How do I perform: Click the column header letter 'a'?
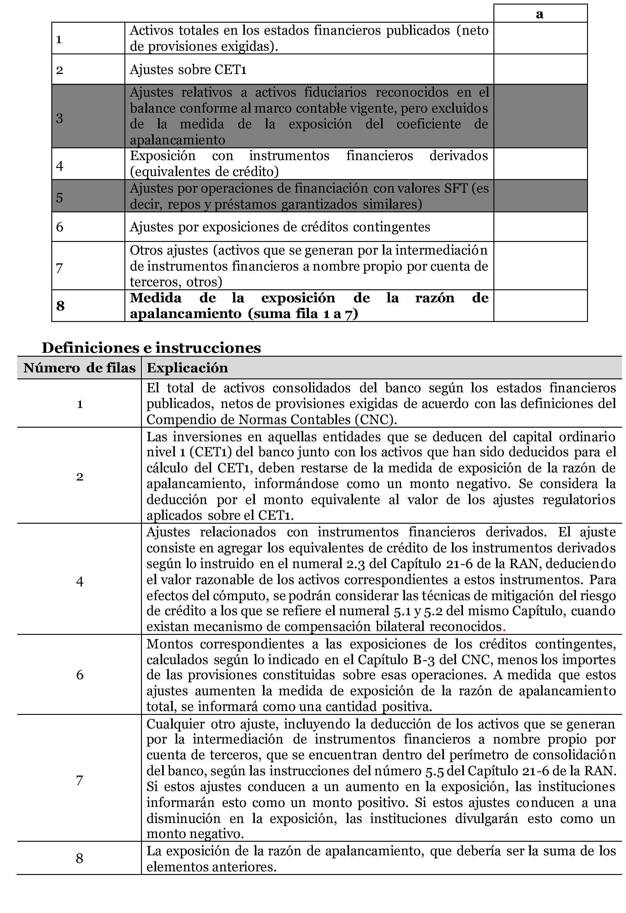(x=540, y=14)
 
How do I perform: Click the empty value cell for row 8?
(x=540, y=306)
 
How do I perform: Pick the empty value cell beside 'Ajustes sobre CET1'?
(x=540, y=69)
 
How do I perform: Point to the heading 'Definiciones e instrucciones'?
(x=151, y=348)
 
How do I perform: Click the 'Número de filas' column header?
(x=79, y=368)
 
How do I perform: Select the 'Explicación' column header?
(x=187, y=368)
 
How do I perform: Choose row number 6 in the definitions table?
(x=80, y=674)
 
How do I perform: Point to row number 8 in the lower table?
(x=80, y=858)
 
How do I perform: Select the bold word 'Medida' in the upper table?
(x=156, y=298)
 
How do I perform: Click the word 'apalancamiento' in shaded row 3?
(x=178, y=140)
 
